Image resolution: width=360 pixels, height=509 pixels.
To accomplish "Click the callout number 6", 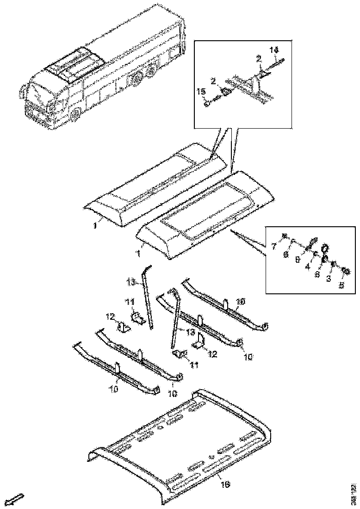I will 286,255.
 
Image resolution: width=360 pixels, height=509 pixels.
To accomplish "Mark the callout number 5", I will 341,286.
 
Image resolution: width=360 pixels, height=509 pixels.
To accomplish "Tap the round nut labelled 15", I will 207,104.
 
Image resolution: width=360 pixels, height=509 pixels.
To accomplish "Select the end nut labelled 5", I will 345,270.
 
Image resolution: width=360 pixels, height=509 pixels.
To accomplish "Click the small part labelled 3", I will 334,264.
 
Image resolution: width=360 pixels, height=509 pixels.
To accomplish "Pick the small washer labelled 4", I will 315,254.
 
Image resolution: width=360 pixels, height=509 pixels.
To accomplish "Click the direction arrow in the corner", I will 17,499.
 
